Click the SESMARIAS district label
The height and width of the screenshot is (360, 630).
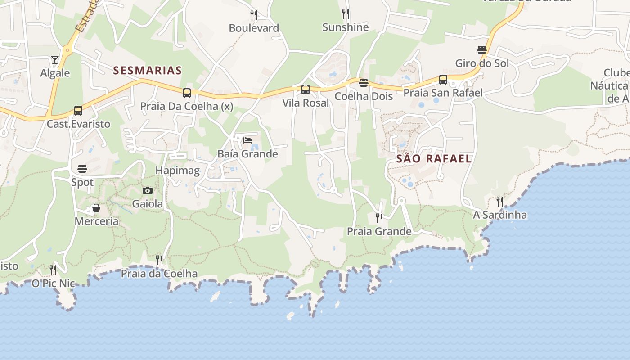(148, 70)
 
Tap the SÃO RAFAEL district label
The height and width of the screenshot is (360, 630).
(434, 158)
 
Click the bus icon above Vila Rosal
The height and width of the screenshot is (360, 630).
(306, 90)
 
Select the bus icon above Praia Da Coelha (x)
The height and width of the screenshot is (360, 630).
(187, 93)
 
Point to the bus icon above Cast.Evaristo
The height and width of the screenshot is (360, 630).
(78, 110)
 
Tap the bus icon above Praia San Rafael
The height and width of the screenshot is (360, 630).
(443, 80)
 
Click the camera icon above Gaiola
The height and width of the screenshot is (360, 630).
(148, 190)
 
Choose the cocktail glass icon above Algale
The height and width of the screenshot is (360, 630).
(55, 60)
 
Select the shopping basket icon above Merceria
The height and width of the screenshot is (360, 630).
(96, 208)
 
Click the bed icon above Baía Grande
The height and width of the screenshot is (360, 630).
(247, 140)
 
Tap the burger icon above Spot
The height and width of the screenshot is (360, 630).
(82, 169)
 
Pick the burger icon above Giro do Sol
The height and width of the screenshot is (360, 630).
(482, 49)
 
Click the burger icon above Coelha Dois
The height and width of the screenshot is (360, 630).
(364, 83)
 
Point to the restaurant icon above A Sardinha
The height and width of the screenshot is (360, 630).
(500, 201)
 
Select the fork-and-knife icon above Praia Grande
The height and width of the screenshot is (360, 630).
(379, 218)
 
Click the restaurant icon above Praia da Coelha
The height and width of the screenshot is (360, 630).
(159, 260)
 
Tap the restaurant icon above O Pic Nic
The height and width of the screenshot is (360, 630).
(53, 270)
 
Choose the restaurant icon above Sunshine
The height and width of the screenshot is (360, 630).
(345, 14)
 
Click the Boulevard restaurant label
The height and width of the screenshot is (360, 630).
(254, 28)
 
